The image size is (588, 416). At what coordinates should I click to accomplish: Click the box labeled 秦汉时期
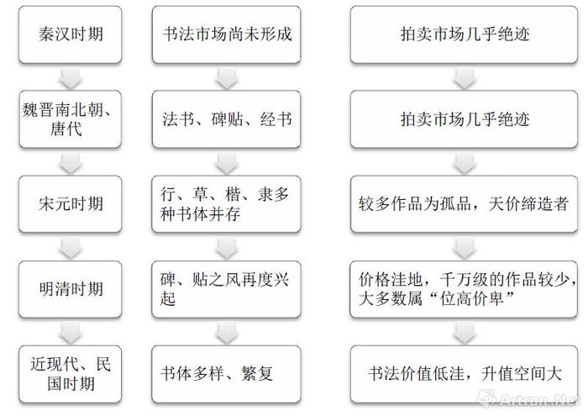tap(70, 34)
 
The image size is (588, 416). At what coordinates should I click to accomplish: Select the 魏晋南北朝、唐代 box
tap(70, 119)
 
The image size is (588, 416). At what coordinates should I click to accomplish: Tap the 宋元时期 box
tap(70, 204)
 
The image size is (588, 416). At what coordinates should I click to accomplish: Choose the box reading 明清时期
tap(70, 289)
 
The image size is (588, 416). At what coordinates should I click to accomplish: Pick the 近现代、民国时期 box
tap(70, 374)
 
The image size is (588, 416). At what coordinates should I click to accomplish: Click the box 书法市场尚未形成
tap(226, 34)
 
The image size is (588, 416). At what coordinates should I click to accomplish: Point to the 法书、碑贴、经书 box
tap(226, 119)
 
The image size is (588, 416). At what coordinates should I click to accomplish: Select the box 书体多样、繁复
tap(226, 374)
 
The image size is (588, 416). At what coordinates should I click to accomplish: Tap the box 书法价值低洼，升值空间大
tap(464, 374)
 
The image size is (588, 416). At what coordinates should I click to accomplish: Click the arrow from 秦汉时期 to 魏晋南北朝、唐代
tap(71, 78)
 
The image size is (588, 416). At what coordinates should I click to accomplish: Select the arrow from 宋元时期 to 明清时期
tap(71, 248)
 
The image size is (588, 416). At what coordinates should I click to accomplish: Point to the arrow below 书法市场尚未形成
tap(227, 78)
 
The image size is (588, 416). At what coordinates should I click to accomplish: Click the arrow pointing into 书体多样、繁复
tap(227, 333)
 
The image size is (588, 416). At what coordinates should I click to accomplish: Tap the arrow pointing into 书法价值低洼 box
tap(465, 333)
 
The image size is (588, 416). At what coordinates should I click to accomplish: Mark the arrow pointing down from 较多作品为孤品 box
tap(465, 248)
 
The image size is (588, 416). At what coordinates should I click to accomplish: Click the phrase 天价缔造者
tap(528, 204)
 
